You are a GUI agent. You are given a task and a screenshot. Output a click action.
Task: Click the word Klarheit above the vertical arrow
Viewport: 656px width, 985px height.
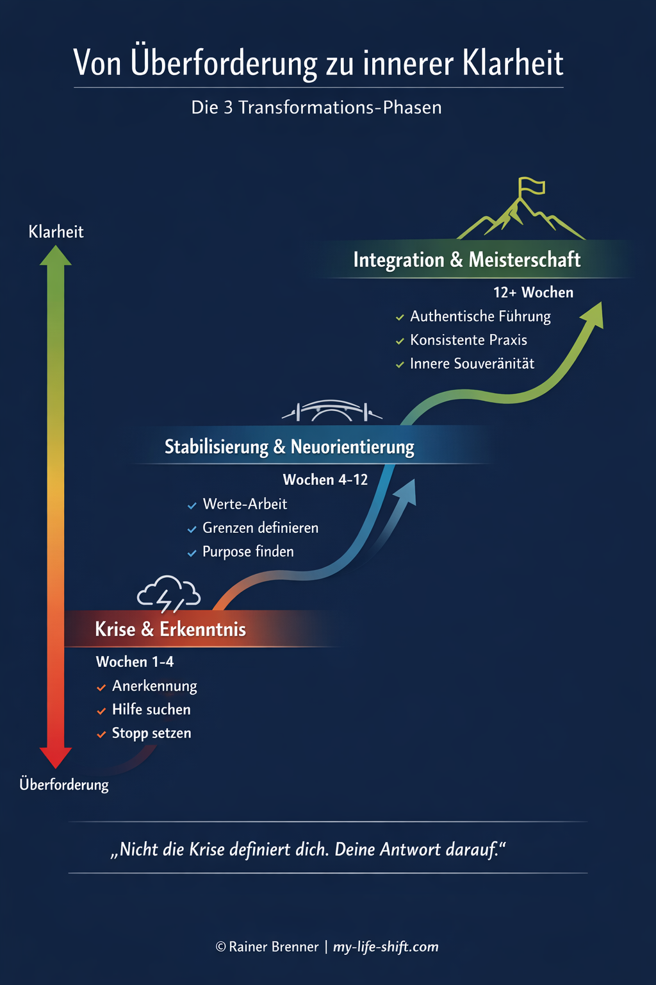coord(56,232)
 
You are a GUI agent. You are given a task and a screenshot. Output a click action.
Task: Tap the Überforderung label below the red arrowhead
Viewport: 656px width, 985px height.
coord(64,784)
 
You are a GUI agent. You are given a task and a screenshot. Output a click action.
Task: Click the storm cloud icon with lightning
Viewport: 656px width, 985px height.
coord(168,593)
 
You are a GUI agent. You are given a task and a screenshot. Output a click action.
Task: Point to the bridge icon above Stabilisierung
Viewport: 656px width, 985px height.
coord(332,410)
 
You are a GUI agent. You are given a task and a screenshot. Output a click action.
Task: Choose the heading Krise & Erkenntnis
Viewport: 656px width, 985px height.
coord(170,629)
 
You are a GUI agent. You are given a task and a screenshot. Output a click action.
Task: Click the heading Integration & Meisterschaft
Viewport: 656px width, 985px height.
coord(466,260)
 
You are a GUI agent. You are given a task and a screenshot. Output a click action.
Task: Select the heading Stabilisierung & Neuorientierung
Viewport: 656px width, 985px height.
coord(290,447)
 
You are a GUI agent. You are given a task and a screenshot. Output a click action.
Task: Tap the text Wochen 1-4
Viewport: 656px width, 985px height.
coord(135,662)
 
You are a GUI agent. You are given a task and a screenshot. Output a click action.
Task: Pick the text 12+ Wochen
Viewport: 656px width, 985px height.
coord(533,292)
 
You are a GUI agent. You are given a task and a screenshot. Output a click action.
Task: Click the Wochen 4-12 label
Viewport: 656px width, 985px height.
coord(325,480)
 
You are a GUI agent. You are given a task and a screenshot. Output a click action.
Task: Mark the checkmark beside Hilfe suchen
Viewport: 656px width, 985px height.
coord(101,711)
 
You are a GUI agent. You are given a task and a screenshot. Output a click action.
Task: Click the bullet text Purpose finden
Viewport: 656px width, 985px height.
coord(248,551)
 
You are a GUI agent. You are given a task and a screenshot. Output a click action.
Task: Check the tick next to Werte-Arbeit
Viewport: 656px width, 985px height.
coord(192,506)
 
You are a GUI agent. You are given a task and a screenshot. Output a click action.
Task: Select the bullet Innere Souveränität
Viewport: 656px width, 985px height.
coord(472,364)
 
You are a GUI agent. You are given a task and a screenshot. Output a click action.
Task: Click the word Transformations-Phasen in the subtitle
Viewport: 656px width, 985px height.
coord(340,107)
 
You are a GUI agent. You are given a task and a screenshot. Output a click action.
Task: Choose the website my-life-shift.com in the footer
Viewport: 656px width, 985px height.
coord(386,947)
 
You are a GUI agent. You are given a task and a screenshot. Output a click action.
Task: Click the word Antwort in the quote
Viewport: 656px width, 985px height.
coord(410,850)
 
